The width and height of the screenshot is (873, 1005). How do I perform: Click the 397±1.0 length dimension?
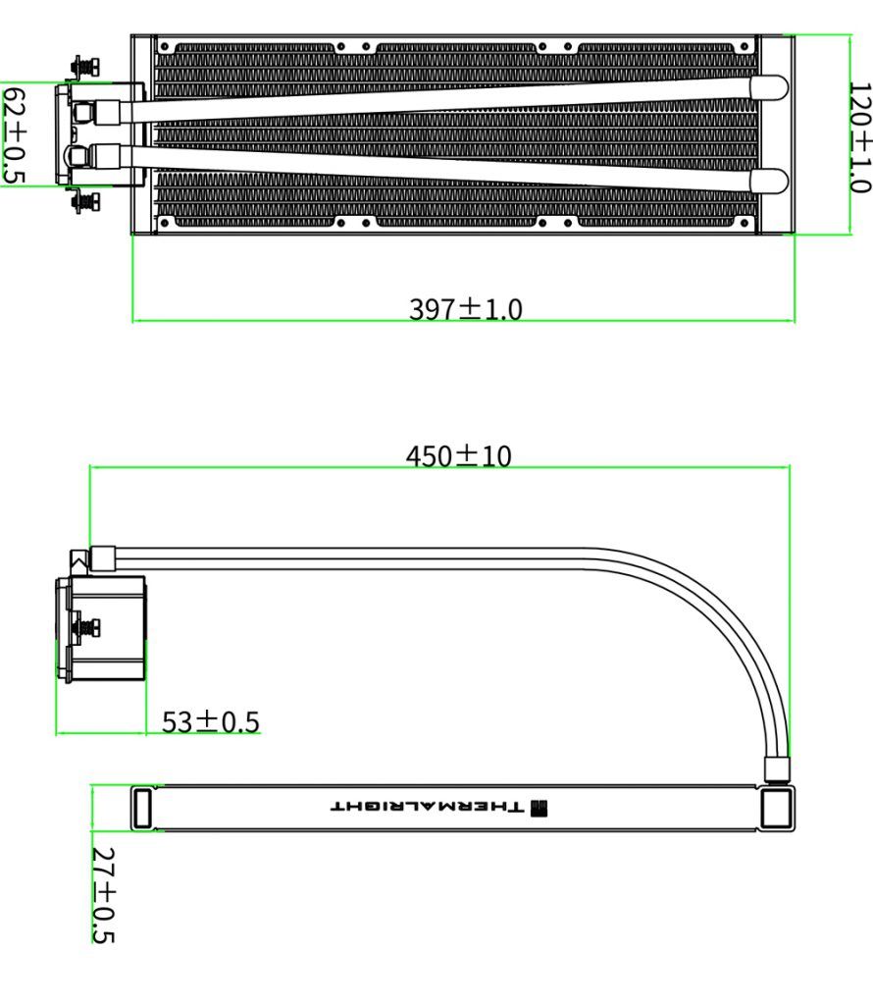466,309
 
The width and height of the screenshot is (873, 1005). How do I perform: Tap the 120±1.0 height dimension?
859,136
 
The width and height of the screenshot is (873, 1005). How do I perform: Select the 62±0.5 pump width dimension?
14,134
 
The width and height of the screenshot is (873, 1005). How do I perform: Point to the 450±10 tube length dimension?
459,455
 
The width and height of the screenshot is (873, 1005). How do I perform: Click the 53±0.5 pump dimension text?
210,721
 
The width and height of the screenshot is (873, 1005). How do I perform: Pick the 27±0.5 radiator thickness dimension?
103,895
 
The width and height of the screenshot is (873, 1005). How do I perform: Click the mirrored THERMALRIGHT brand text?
428,807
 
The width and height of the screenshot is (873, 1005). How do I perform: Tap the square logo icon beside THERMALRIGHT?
539,807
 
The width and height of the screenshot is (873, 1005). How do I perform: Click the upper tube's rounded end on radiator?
769,87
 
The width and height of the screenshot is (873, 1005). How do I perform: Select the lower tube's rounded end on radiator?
769,181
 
